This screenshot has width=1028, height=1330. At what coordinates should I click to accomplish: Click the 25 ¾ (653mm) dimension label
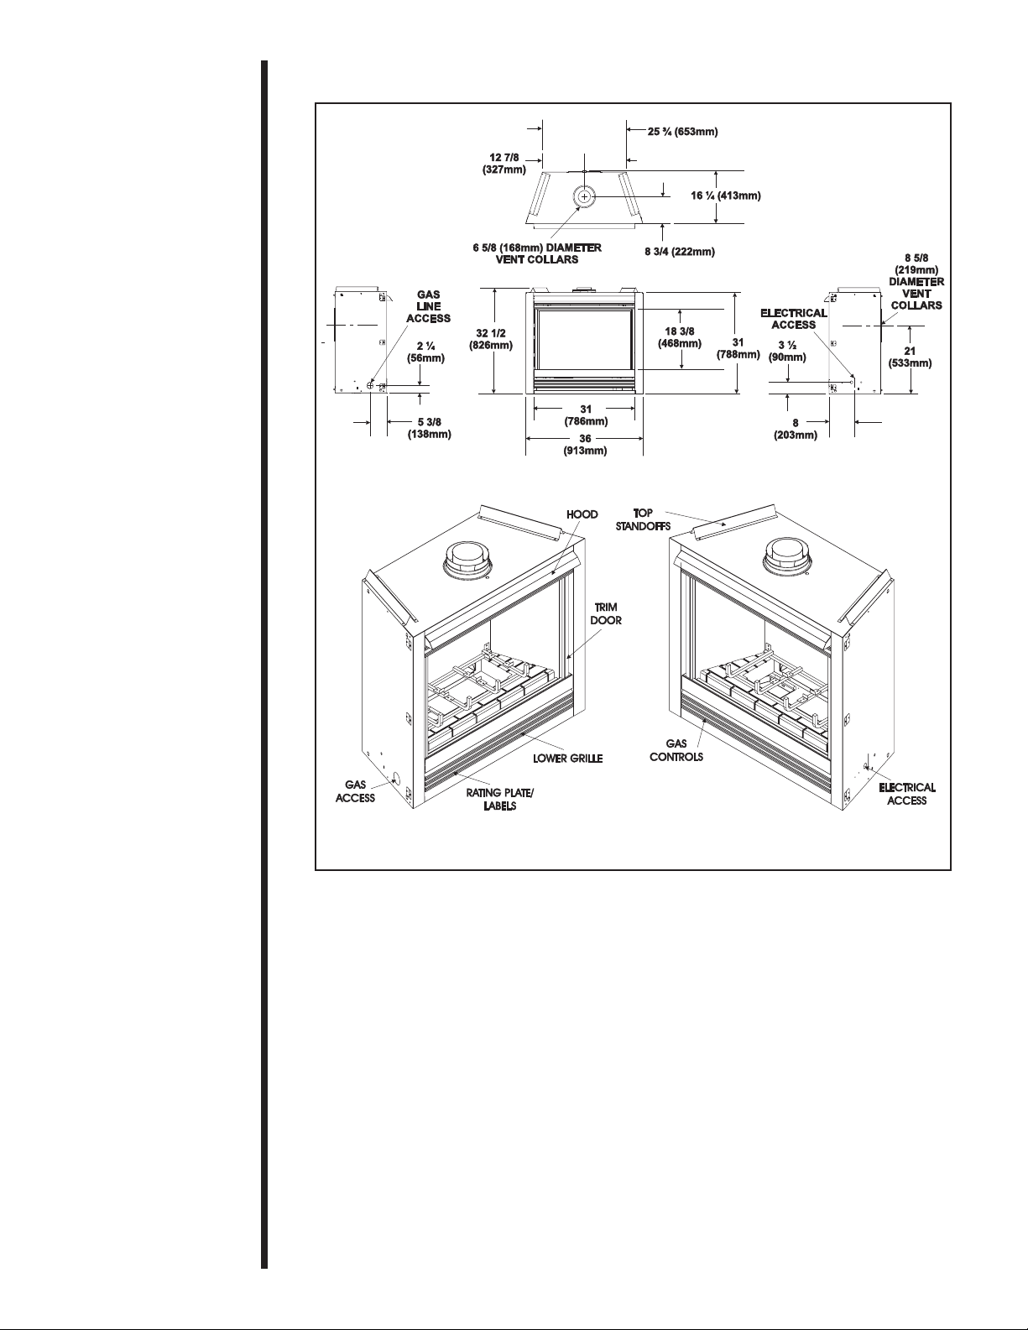click(x=683, y=132)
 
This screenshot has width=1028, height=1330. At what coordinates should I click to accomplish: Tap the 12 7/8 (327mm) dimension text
click(x=504, y=164)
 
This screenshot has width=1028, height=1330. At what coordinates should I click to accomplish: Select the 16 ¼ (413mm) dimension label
click(x=726, y=196)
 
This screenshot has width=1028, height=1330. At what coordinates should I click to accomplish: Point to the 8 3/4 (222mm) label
click(x=680, y=252)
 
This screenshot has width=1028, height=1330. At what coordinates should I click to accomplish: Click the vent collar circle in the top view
click(x=584, y=196)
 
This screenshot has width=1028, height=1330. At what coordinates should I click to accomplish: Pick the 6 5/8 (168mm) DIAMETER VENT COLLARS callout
click(x=537, y=253)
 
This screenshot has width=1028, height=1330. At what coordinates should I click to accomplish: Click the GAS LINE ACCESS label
click(x=428, y=306)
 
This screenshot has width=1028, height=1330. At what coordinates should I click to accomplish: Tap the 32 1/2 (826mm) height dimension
click(x=491, y=339)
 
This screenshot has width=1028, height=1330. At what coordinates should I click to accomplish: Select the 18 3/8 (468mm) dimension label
click(x=680, y=337)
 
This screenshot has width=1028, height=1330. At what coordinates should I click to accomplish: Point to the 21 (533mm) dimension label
click(x=910, y=357)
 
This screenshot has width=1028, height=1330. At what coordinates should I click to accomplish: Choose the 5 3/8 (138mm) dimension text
click(x=430, y=429)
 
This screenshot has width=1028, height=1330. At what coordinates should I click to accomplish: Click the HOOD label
click(x=582, y=514)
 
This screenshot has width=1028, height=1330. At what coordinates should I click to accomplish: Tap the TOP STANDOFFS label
click(x=643, y=519)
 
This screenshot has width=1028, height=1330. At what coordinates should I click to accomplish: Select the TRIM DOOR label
click(x=606, y=614)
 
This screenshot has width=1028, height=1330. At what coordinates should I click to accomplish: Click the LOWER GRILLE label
click(x=568, y=759)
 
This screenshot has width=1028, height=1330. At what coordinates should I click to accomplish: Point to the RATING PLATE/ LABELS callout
click(x=500, y=800)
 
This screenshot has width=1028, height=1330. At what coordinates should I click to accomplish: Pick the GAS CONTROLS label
click(x=676, y=750)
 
